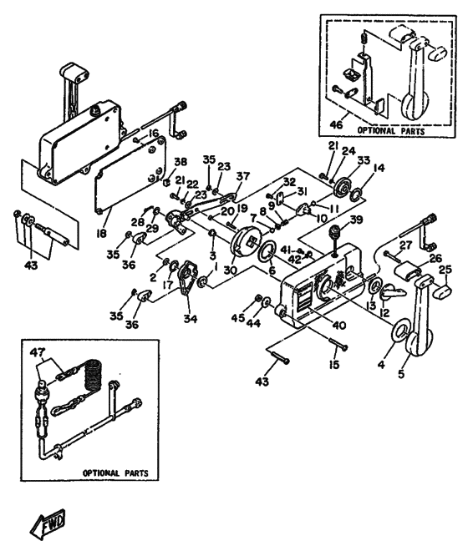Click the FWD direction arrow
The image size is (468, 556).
48,523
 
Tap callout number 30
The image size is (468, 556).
231,270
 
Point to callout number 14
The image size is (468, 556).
379,168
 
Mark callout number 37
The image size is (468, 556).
242,176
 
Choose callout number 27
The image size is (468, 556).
405,245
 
